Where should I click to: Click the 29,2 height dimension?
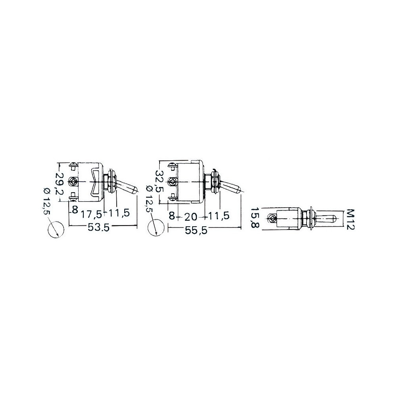(x=60, y=183)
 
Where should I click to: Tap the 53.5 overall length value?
(x=98, y=227)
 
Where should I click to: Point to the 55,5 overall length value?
(x=196, y=230)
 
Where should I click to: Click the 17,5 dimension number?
(x=91, y=214)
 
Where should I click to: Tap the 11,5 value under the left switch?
(x=119, y=213)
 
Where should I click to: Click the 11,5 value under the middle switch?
(x=219, y=216)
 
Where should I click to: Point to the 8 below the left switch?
(x=75, y=210)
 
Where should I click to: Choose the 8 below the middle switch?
(x=172, y=216)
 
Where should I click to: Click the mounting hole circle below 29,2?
(x=56, y=229)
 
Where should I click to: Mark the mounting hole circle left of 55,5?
(x=156, y=228)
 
